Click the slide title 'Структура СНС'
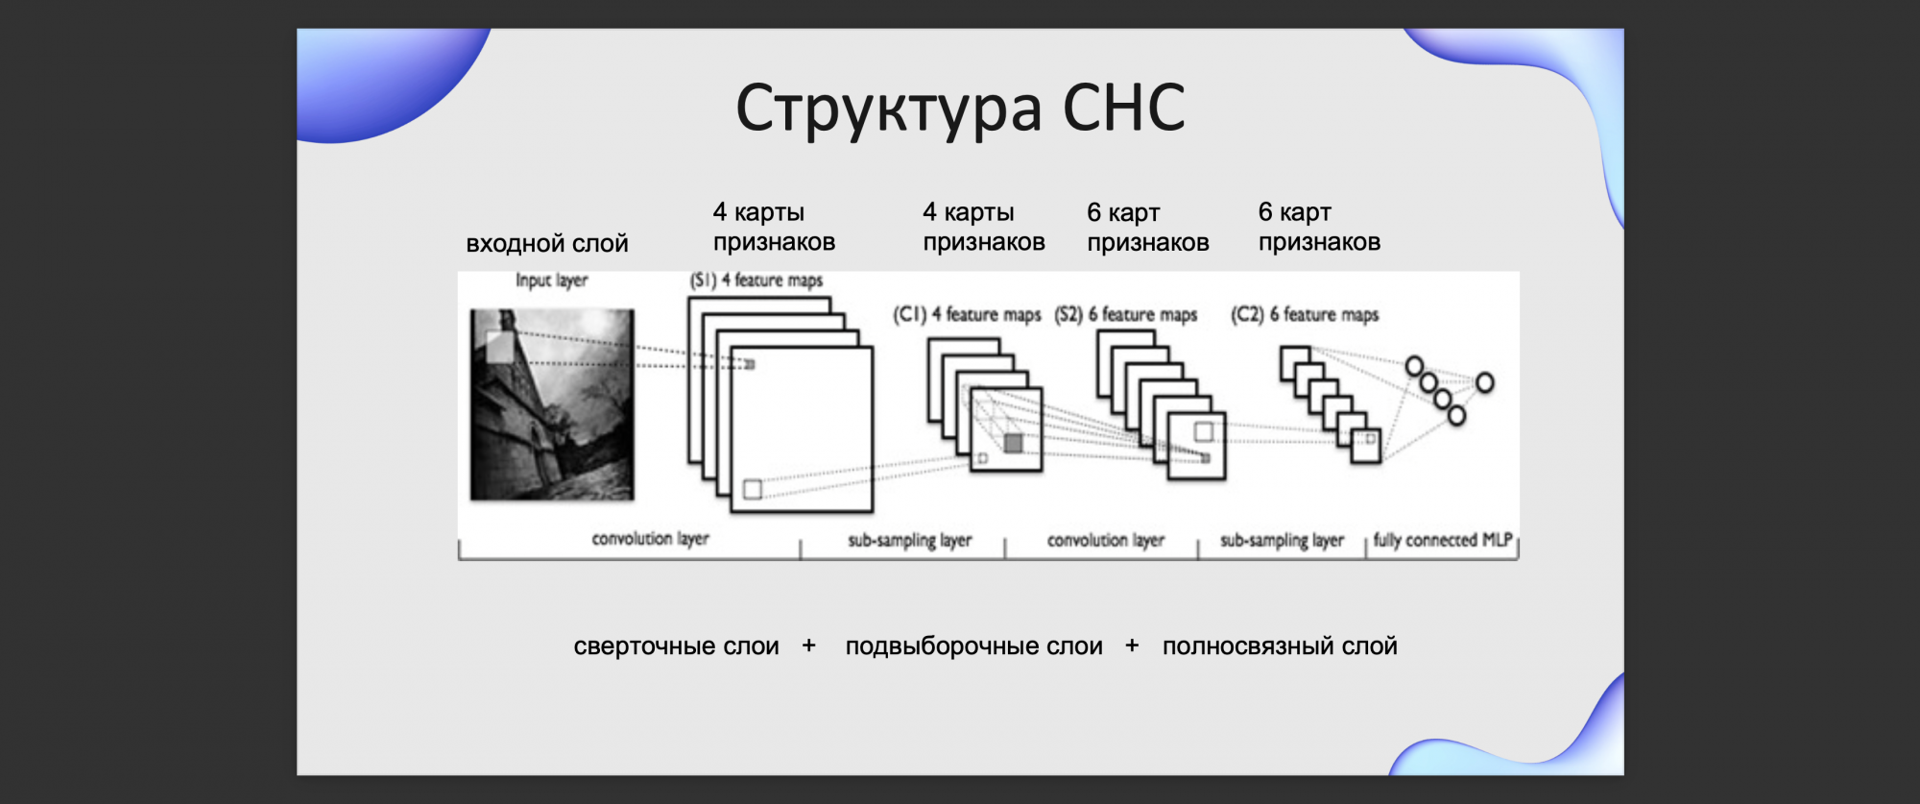click(960, 109)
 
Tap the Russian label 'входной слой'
click(547, 244)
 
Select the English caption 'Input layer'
click(552, 280)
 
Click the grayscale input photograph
click(552, 404)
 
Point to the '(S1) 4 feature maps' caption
click(756, 280)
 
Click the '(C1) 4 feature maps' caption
click(967, 314)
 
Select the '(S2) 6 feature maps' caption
click(1126, 314)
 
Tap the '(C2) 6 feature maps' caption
click(1305, 314)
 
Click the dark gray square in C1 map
click(1013, 443)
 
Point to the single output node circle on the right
click(1484, 383)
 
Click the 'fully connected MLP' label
click(1443, 540)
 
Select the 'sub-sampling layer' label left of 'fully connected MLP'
click(1282, 541)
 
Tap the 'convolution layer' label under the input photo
click(650, 539)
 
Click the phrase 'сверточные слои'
click(676, 646)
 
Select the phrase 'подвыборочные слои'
click(973, 646)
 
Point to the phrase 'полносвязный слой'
click(1280, 646)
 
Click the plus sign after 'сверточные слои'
click(809, 646)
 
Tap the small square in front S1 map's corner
click(753, 490)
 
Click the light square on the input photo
click(499, 347)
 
